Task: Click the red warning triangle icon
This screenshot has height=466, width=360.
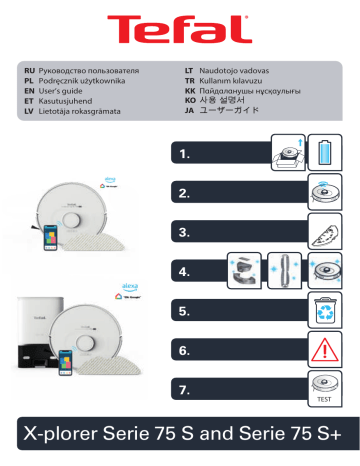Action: (x=329, y=349)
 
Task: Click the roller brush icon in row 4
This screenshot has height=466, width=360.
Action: (x=287, y=270)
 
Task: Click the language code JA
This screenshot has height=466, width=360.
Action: (x=190, y=111)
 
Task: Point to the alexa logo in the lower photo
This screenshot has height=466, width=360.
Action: (x=130, y=284)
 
